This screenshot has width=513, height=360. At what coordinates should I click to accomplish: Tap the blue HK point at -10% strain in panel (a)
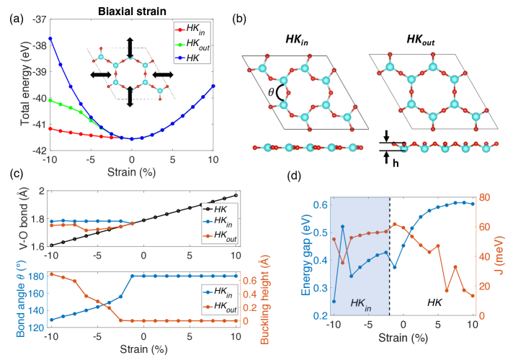(x=50, y=37)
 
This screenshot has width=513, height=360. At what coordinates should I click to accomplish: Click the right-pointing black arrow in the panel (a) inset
(x=164, y=73)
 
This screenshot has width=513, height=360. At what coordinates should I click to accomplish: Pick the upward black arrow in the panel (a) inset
(x=130, y=48)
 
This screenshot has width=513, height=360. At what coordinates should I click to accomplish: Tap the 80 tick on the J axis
(x=487, y=197)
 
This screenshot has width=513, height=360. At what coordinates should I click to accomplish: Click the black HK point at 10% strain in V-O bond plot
(x=235, y=195)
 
